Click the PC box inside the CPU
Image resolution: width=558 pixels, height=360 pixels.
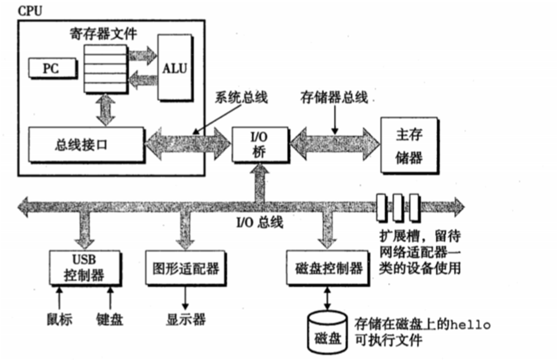coord(52,68)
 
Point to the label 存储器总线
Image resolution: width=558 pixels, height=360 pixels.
coord(334,98)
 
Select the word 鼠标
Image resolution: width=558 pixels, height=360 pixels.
coord(59,319)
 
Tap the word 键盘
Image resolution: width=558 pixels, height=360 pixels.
coord(110,319)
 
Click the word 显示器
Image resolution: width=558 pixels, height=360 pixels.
coord(185,319)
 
